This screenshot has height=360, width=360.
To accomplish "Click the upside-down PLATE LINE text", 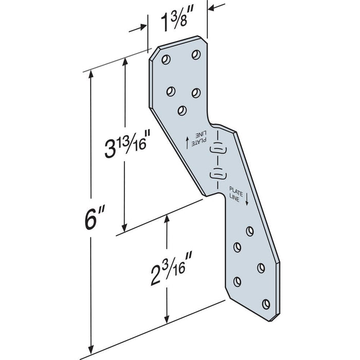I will (200, 138).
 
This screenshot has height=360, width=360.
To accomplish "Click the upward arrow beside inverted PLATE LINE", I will (187, 141).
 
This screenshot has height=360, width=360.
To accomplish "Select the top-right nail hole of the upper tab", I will (195, 54).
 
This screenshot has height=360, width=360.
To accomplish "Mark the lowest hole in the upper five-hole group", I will (182, 110).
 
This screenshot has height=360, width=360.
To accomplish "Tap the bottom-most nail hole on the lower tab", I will (266, 303).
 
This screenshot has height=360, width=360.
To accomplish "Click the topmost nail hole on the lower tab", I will (250, 230).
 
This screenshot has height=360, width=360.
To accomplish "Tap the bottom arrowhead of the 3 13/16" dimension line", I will (123, 229).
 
